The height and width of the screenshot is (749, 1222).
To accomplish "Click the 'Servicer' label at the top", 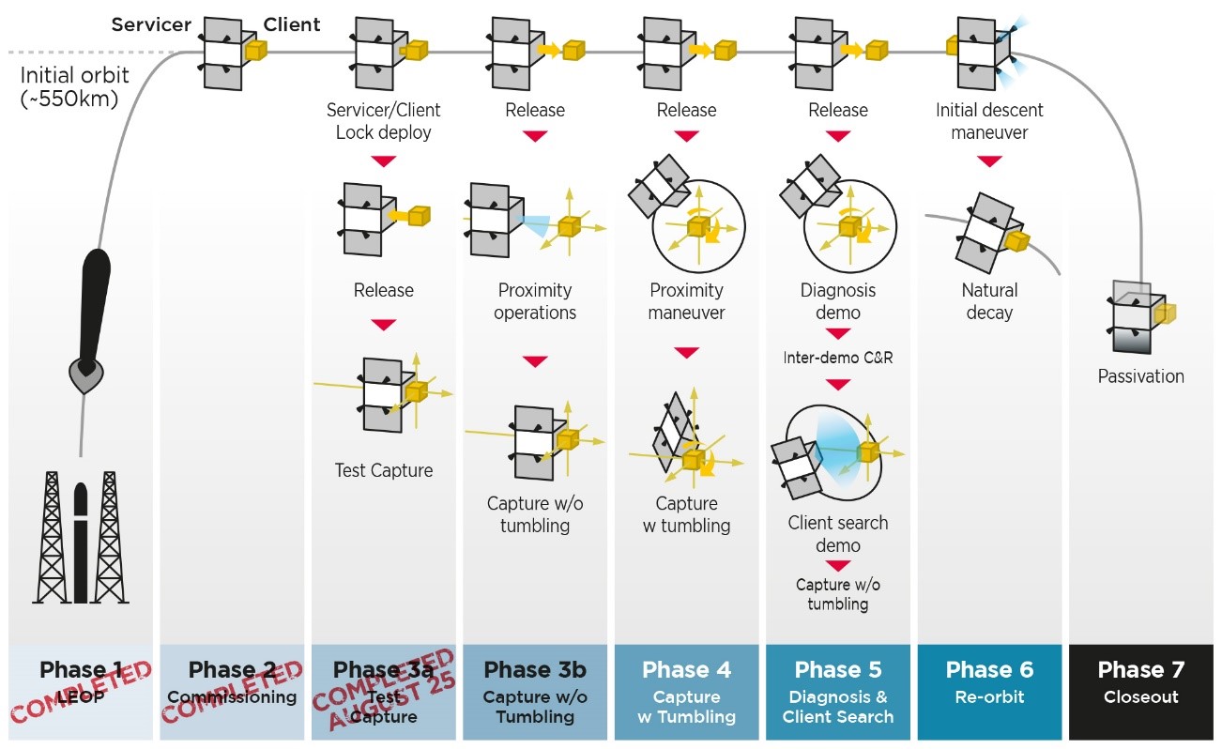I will coord(152,24).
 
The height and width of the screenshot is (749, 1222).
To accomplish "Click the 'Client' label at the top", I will coord(292,24).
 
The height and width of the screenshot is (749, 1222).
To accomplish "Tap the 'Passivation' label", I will coord(1140,376).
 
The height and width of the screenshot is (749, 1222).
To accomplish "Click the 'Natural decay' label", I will coord(989,301).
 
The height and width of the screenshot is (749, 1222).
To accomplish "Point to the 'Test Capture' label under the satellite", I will coord(384,470).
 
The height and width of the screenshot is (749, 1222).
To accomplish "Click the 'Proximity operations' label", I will coord(535,301).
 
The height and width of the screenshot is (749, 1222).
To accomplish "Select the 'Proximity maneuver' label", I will coord(687,301).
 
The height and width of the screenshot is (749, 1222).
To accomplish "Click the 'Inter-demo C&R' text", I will coord(837,358).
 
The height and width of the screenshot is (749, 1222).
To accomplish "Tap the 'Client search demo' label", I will coord(837,534).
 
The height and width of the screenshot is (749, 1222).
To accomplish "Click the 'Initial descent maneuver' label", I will coord(989,121).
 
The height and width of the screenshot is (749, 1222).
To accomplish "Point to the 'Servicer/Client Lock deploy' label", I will coord(383,121).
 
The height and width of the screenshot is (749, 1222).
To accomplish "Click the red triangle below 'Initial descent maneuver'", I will coord(989,161).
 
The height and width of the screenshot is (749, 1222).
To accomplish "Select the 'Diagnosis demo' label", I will coord(837,301).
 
